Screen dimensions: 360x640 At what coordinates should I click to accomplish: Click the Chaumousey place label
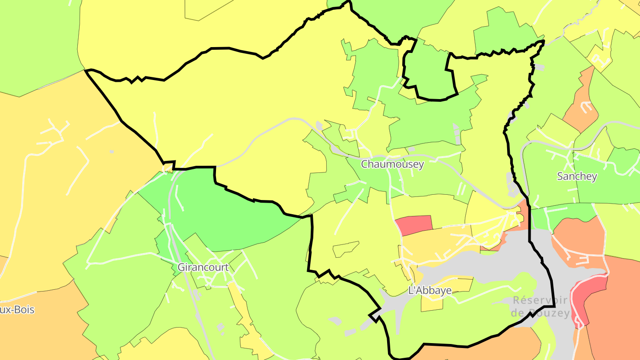pos(392,164)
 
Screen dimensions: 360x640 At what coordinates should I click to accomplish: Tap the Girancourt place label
pos(203,268)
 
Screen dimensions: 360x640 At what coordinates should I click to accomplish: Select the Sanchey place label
pos(577,176)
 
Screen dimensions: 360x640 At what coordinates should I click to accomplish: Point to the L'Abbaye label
pos(430,291)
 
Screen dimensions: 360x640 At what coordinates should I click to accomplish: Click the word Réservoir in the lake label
pos(541,300)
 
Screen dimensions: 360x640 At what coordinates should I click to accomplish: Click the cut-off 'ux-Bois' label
pos(17,310)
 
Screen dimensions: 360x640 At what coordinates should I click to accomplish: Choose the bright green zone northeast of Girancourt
pos(222,213)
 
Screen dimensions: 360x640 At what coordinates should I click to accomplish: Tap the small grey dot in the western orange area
pos(112,152)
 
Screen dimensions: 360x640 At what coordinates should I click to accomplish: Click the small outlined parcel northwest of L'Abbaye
pos(345,249)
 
